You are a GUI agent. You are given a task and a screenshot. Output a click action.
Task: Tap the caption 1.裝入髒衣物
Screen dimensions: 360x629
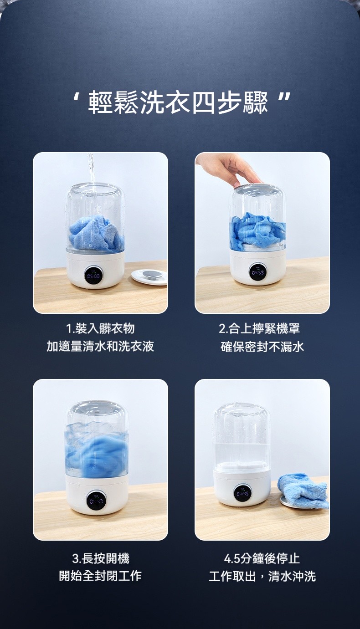click(100, 328)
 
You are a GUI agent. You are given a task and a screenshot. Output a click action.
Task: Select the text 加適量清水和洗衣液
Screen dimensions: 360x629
click(100, 346)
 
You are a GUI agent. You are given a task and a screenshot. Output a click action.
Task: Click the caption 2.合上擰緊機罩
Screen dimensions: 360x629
click(259, 328)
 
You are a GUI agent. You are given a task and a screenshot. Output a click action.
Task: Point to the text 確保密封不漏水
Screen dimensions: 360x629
click(262, 346)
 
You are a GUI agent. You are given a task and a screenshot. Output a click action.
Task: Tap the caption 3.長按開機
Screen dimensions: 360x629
click(101, 558)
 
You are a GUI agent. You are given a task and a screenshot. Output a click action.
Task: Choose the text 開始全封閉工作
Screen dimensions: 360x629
click(100, 576)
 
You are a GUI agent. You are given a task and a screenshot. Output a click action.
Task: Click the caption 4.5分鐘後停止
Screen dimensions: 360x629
click(262, 558)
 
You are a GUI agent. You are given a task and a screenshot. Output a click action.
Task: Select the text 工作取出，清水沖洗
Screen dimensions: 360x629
click(262, 576)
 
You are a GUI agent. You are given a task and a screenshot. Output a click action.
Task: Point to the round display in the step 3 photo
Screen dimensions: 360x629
click(97, 501)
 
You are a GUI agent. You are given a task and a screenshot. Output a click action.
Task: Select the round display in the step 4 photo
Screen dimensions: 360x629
click(243, 493)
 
